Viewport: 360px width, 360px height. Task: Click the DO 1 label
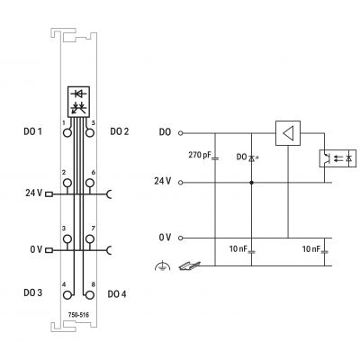pos(32,131)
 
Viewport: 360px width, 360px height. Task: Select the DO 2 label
pos(120,131)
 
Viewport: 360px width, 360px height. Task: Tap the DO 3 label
pos(32,292)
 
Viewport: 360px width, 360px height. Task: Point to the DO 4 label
pos(117,294)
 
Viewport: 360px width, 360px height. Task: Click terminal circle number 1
pos(67,132)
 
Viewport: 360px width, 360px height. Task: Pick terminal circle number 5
pos(89,132)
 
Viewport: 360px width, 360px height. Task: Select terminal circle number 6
pos(89,183)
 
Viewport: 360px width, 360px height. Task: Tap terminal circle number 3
pos(67,239)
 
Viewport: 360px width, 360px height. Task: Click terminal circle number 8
pos(89,295)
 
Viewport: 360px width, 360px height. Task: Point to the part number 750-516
pos(78,315)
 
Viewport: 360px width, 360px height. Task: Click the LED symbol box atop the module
pos(78,102)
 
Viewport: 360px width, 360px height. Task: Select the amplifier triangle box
pos(288,133)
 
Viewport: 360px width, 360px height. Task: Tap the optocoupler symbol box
pos(337,158)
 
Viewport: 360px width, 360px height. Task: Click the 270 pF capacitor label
pos(200,155)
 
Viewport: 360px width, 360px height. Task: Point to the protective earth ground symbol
pos(162,265)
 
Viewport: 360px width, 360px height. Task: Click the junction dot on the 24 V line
pos(251,183)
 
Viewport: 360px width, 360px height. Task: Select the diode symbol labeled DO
pos(251,157)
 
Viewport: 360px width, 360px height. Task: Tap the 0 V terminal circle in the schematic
pos(180,238)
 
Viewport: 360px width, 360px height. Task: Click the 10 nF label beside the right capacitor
pos(311,248)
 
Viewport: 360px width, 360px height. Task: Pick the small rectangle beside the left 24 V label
pos(49,194)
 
